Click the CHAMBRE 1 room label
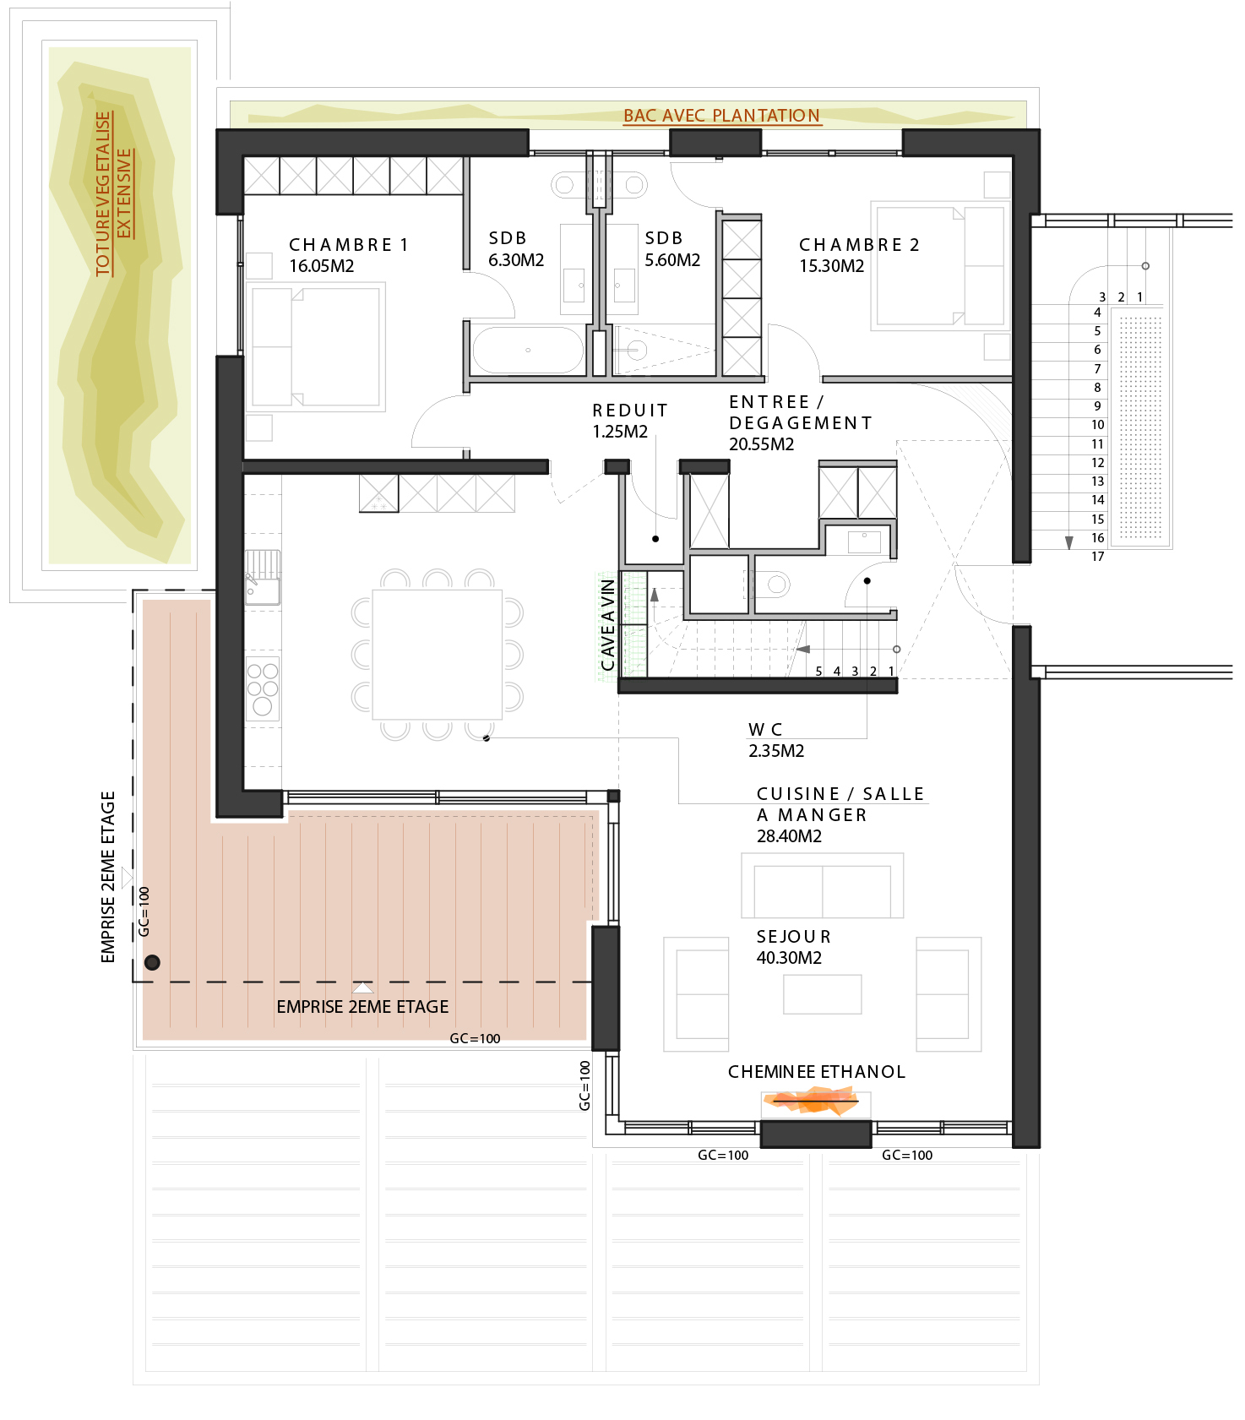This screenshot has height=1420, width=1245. pos(349,245)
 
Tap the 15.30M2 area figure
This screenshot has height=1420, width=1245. pos(832,266)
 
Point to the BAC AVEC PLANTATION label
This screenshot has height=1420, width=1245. pos(721,116)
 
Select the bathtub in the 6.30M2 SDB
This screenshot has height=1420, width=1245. pos(528,350)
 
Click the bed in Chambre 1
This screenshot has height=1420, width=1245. pos(316,347)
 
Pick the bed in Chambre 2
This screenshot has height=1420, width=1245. pos(940,265)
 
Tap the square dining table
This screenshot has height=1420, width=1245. pos(438,655)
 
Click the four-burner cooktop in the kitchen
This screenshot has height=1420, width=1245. pos(263,689)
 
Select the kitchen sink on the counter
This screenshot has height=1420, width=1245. pos(263,578)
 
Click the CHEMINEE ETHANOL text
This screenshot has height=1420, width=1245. pos(817,1072)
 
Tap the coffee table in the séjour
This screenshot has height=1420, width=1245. pos(823,994)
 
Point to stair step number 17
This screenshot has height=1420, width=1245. pos(1098,557)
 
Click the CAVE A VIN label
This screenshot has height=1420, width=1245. pos(607,625)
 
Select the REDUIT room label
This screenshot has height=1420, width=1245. pos(630,411)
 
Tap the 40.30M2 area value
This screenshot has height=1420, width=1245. pos(789,958)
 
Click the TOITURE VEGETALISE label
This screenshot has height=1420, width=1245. pos(104,194)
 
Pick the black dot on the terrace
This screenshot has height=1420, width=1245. pos(152,962)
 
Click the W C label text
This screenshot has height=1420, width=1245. pos(765,730)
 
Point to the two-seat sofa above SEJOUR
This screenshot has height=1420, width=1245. pos(823,885)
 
